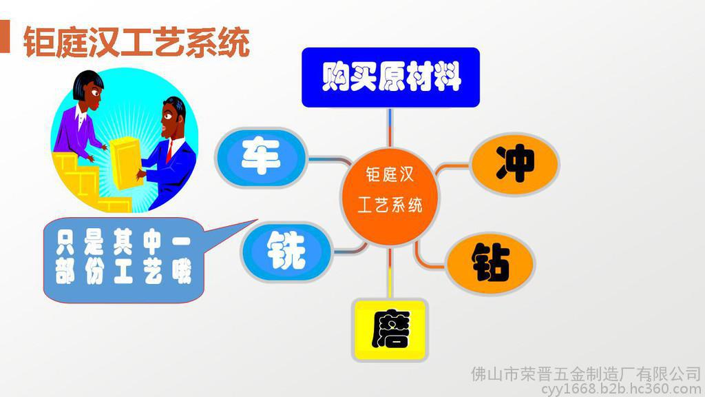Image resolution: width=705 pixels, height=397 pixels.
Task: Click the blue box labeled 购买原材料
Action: point(390,77)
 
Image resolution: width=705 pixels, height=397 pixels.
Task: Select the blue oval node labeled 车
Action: point(261,158)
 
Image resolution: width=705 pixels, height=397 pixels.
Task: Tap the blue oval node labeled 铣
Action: point(286,251)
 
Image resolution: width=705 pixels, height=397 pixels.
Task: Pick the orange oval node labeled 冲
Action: point(515,164)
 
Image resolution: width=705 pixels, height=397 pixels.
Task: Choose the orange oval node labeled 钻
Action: point(490,263)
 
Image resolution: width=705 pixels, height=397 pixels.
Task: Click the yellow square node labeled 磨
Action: point(390,330)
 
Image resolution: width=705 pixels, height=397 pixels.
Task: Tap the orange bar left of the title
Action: point(5,37)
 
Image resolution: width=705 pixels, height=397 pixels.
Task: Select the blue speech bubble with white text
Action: point(124,260)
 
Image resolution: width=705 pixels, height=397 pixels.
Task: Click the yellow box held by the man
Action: point(127,163)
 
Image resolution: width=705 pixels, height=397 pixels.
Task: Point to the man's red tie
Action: point(169,151)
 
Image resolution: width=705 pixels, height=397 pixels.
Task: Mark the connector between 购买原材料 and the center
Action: point(390,128)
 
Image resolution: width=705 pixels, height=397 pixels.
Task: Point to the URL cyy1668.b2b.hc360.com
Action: point(621,389)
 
